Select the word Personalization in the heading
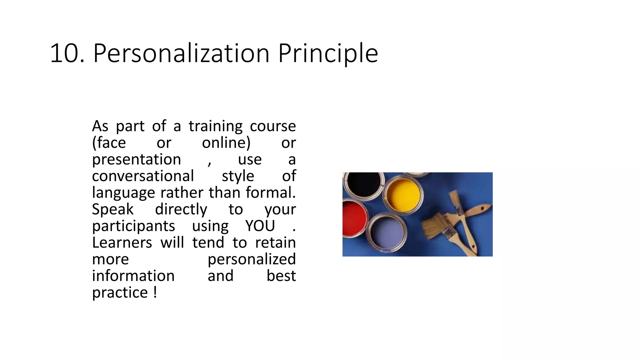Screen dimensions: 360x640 tap(181, 53)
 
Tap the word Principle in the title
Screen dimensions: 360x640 tap(328, 53)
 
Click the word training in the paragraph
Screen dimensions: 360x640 tap(215, 126)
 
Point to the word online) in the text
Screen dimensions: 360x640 tap(226, 143)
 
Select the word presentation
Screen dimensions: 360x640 tap(137, 159)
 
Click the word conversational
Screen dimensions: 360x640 tap(143, 176)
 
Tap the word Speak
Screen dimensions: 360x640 tap(113, 209)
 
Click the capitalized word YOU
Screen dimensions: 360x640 tap(260, 226)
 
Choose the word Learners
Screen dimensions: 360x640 tap(122, 242)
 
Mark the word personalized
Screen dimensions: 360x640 tap(252, 259)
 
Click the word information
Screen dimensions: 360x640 tap(133, 276)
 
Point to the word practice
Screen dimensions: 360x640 tap(120, 292)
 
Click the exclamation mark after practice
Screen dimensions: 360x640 tap(155, 292)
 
